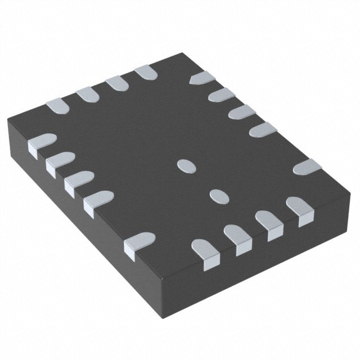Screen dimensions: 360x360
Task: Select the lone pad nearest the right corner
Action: (307, 166)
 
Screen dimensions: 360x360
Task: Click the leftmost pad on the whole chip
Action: (41, 143)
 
